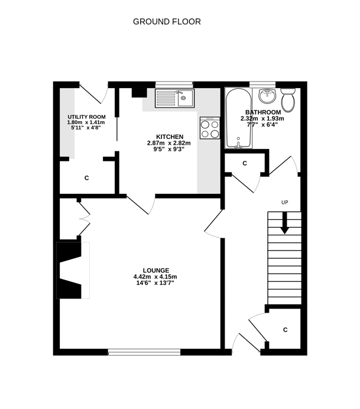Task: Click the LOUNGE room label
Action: coord(155,270)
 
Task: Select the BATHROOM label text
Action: coord(262,112)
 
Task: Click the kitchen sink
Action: coord(174,98)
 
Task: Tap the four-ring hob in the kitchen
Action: coord(210,128)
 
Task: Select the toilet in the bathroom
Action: coord(288,101)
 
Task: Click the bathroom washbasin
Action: coord(267,96)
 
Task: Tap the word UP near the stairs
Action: coord(284,203)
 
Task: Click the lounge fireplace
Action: coord(69,270)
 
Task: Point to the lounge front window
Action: coord(144,353)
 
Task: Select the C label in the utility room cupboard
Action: coord(86,177)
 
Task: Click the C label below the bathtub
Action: coord(244,163)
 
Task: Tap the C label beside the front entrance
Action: coord(285,329)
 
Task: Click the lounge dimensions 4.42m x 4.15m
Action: coord(155,277)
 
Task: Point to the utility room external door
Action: coord(95,93)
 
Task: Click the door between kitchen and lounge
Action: coord(141,204)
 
